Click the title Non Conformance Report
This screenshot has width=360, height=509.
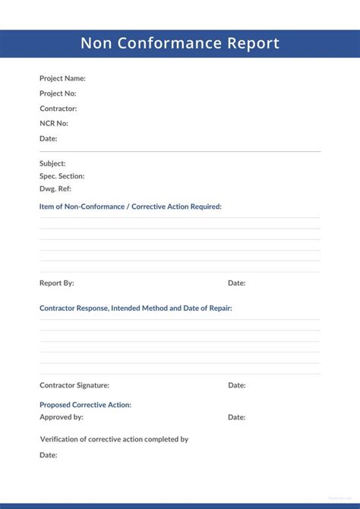pos(180,43)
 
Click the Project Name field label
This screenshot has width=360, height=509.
pos(62,78)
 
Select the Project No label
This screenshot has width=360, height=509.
pos(58,93)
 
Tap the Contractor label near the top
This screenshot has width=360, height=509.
pos(58,109)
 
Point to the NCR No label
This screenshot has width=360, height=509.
pos(54,123)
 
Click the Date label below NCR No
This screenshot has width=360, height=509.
pos(49,138)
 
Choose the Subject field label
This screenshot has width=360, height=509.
pos(52,163)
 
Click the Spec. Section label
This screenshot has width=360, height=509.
pos(62,176)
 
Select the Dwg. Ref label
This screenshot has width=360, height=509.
pos(55,188)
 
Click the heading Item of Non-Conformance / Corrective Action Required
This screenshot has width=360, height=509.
pos(131,207)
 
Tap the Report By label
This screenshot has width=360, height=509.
pos(57,283)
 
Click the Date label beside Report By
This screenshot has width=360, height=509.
pos(237,283)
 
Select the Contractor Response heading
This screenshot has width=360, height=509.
pos(136,308)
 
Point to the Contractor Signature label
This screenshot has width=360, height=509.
pos(74,385)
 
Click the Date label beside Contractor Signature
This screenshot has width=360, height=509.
pos(237,385)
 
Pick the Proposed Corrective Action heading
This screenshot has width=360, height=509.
pos(85,405)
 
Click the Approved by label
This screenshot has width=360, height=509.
pos(62,417)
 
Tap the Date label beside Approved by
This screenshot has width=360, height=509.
pos(237,417)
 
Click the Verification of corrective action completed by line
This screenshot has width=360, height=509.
pos(114,439)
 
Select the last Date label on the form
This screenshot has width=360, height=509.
pos(49,455)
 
